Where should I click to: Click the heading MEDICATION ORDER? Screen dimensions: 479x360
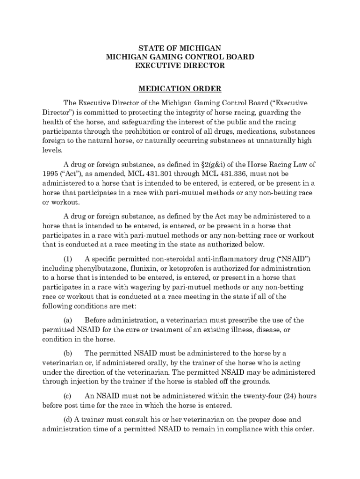pos(180,89)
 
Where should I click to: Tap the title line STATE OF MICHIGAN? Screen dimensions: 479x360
pos(180,48)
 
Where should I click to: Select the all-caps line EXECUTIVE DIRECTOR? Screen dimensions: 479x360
pos(180,66)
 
